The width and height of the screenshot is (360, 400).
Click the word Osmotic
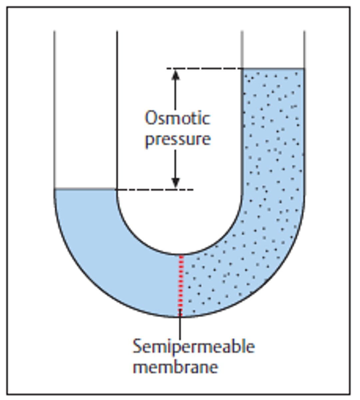tap(178, 119)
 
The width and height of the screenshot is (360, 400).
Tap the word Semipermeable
tap(194, 347)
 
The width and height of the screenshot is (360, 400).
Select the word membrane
tap(176, 367)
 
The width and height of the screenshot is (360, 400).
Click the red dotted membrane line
tap(181, 283)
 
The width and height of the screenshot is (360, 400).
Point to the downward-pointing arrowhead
tap(176, 183)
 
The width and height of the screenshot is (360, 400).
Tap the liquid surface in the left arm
tap(86, 189)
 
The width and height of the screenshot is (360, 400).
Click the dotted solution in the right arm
tap(273, 150)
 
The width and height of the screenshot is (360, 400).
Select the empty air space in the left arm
tap(86, 110)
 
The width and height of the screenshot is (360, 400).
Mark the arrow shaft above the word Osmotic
tap(176, 95)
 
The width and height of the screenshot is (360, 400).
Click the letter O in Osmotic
tap(151, 119)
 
